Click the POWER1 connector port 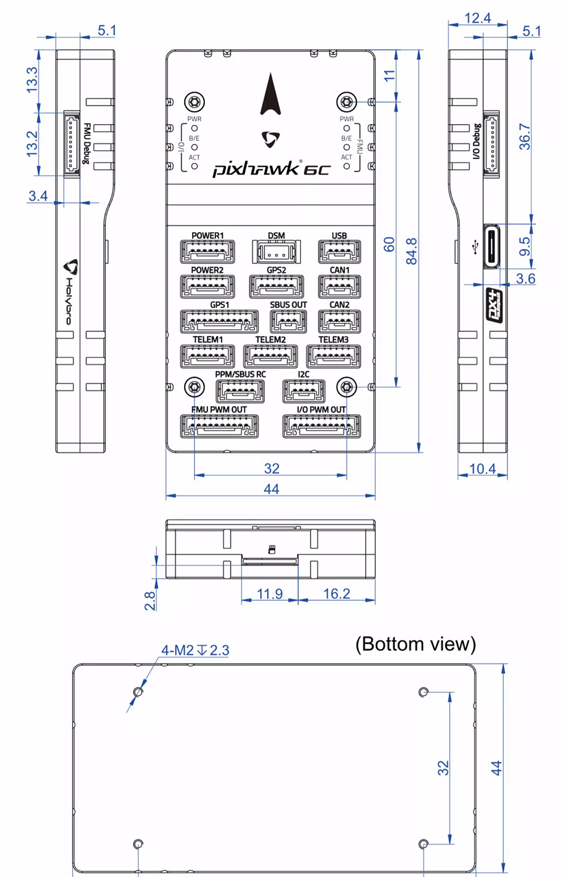(x=207, y=252)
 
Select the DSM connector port (x=276, y=251)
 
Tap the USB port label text (x=339, y=236)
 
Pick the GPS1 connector (x=219, y=321)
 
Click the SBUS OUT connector (x=288, y=321)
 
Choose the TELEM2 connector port (x=270, y=356)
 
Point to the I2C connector (x=304, y=391)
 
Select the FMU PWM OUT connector (x=219, y=426)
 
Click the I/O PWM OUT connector (x=321, y=426)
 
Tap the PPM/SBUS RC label (x=240, y=374)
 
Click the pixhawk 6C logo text (x=271, y=169)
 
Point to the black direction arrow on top (x=271, y=94)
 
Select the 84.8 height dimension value (x=412, y=251)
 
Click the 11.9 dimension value (x=269, y=594)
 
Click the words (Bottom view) (x=416, y=644)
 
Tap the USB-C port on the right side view (x=492, y=246)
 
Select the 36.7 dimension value (x=525, y=136)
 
